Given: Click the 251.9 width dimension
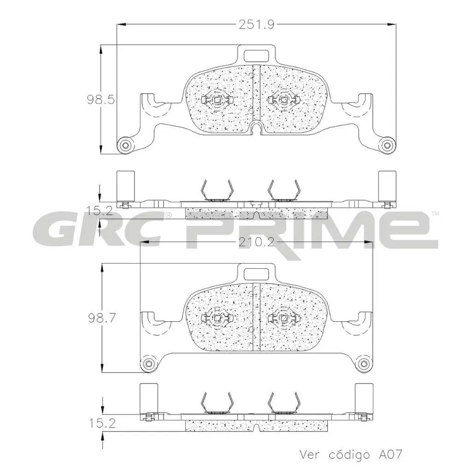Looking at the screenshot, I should [x=256, y=25].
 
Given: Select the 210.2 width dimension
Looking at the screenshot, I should [x=256, y=243].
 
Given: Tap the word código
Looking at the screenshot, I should [x=348, y=454].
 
